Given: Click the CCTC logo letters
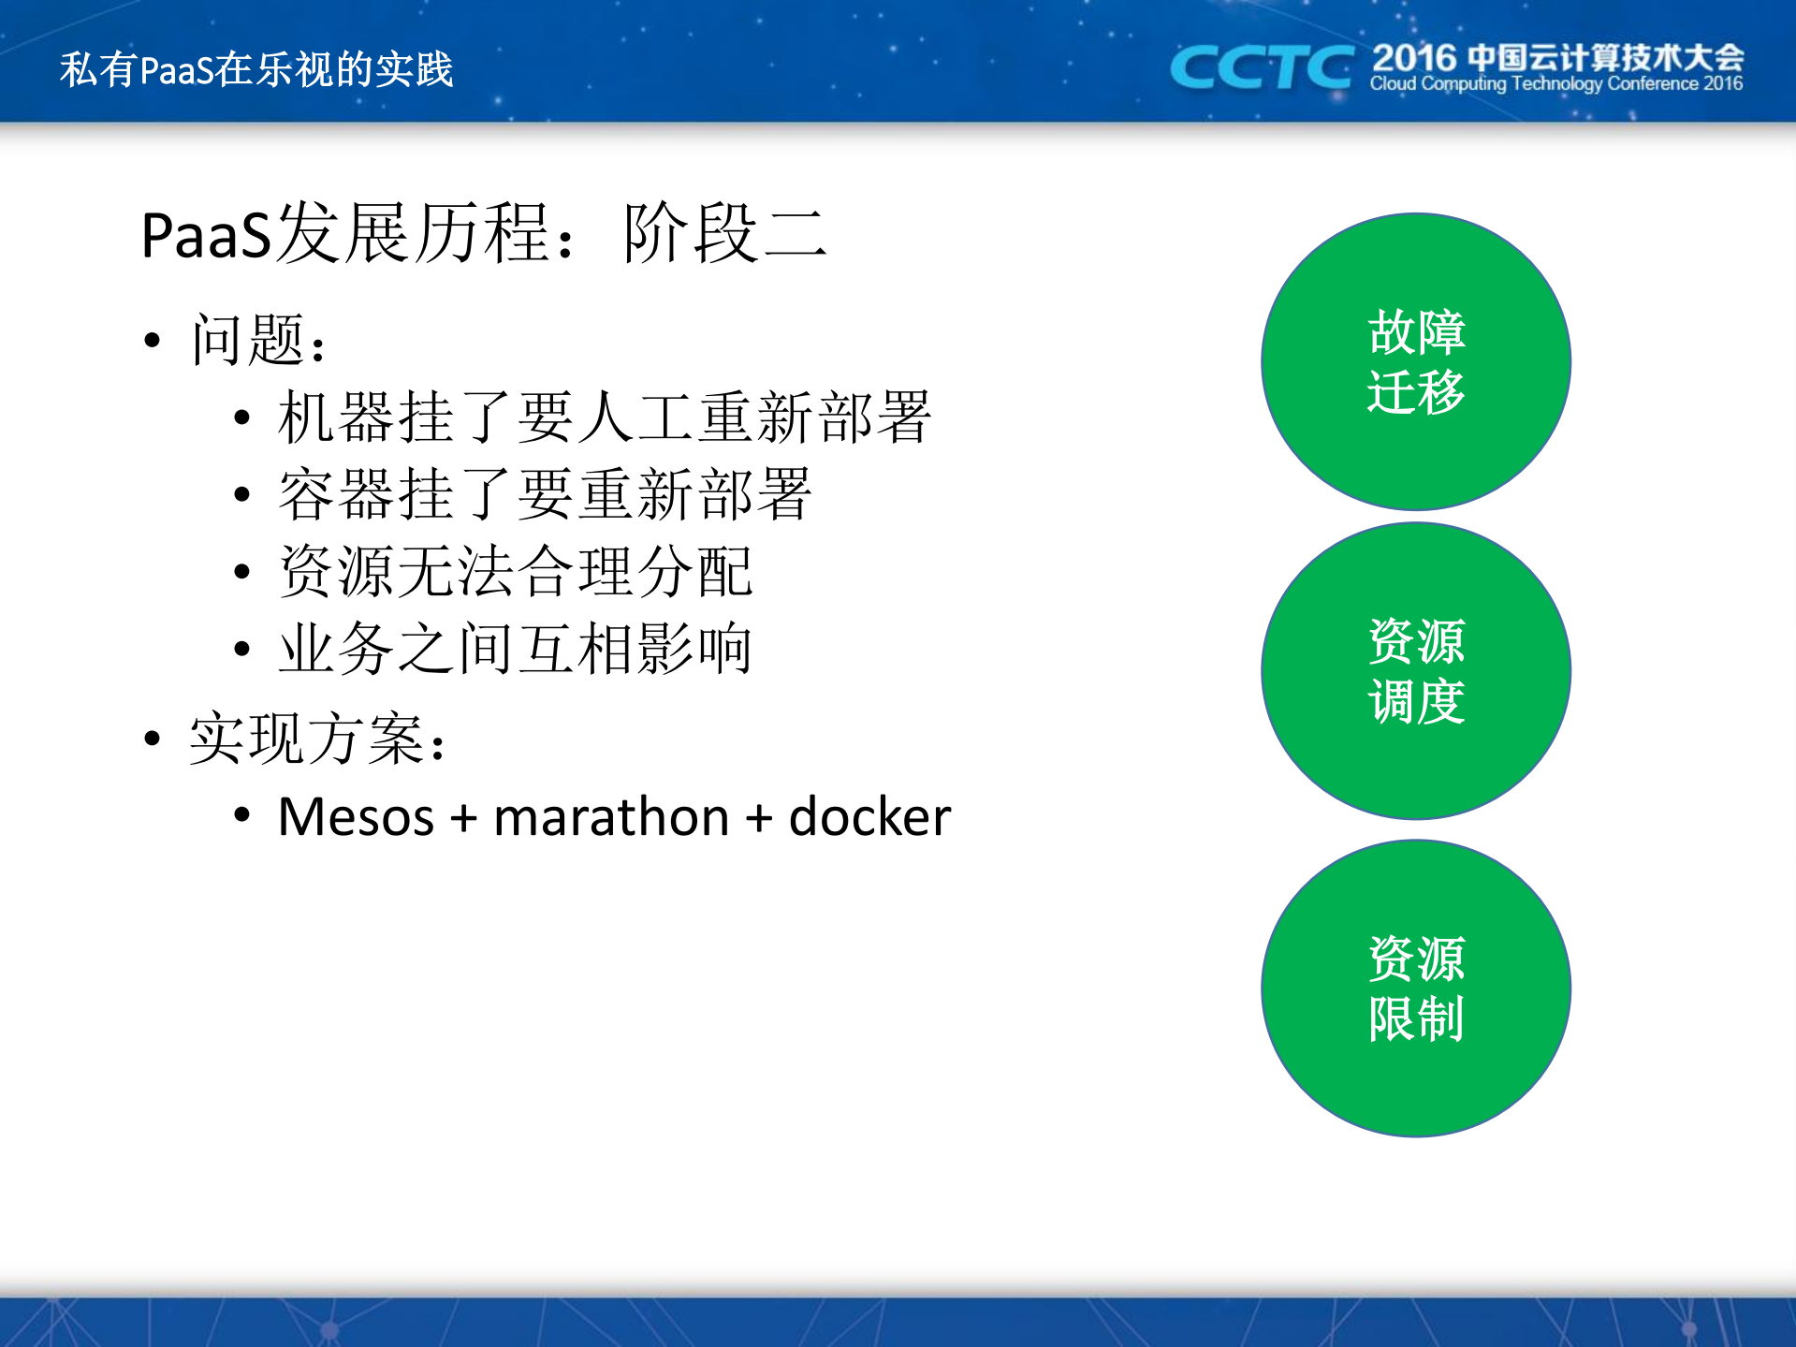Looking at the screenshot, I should pyautogui.click(x=1260, y=67).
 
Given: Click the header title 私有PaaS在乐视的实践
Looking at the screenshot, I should pyautogui.click(x=256, y=69).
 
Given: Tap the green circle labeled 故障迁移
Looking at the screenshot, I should pyautogui.click(x=1415, y=361).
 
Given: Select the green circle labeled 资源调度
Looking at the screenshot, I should pyautogui.click(x=1415, y=670).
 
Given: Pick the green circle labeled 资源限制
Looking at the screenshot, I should pyautogui.click(x=1415, y=988).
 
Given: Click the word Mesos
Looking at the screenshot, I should pyautogui.click(x=356, y=817).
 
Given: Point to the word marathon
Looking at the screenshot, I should pyautogui.click(x=610, y=817).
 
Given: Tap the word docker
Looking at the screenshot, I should pyautogui.click(x=869, y=817).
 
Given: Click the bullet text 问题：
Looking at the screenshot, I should pyautogui.click(x=259, y=340).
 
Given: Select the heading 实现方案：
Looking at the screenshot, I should pyautogui.click(x=318, y=739).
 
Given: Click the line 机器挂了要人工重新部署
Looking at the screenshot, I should pyautogui.click(x=604, y=417).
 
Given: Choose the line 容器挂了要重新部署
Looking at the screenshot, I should pyautogui.click(x=545, y=494).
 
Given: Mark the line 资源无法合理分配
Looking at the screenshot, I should pyautogui.click(x=516, y=571).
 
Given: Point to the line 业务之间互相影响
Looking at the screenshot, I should pyautogui.click(x=516, y=648).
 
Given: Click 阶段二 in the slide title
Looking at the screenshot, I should pyautogui.click(x=725, y=234).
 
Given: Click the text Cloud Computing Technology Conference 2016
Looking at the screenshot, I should pyautogui.click(x=1555, y=84).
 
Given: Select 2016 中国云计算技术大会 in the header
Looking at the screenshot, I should pyautogui.click(x=1557, y=58).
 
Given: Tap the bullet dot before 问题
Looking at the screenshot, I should pyautogui.click(x=153, y=341).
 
